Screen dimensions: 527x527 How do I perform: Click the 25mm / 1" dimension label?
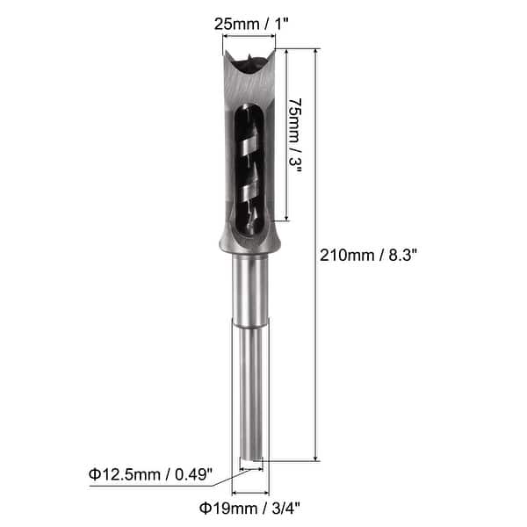pos(254,24)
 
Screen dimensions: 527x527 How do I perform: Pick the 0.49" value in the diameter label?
pos(194,475)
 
